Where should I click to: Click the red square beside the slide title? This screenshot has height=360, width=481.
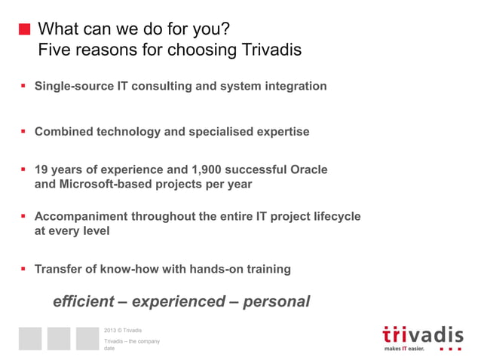point(24,30)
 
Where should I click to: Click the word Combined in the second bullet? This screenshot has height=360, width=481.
point(63,132)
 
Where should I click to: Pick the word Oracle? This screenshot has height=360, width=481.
point(308,169)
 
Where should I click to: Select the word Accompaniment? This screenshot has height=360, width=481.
point(81,216)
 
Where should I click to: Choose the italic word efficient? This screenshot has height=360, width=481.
point(84,301)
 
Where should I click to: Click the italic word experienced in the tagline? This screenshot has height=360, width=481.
point(178,301)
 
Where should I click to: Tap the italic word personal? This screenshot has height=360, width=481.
point(276,301)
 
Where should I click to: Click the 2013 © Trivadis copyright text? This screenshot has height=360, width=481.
point(122,331)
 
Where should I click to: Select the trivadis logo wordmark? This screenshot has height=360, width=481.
point(422,334)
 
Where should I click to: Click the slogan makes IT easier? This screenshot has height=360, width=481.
point(404,349)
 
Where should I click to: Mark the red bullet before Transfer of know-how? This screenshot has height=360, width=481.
point(23,269)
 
